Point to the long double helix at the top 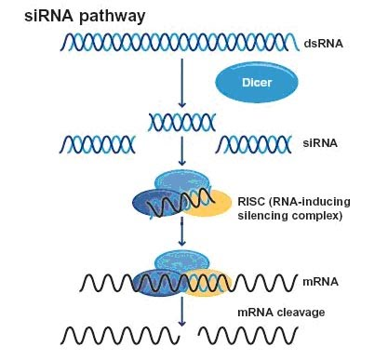point(178,42)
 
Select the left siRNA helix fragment point(98,143)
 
